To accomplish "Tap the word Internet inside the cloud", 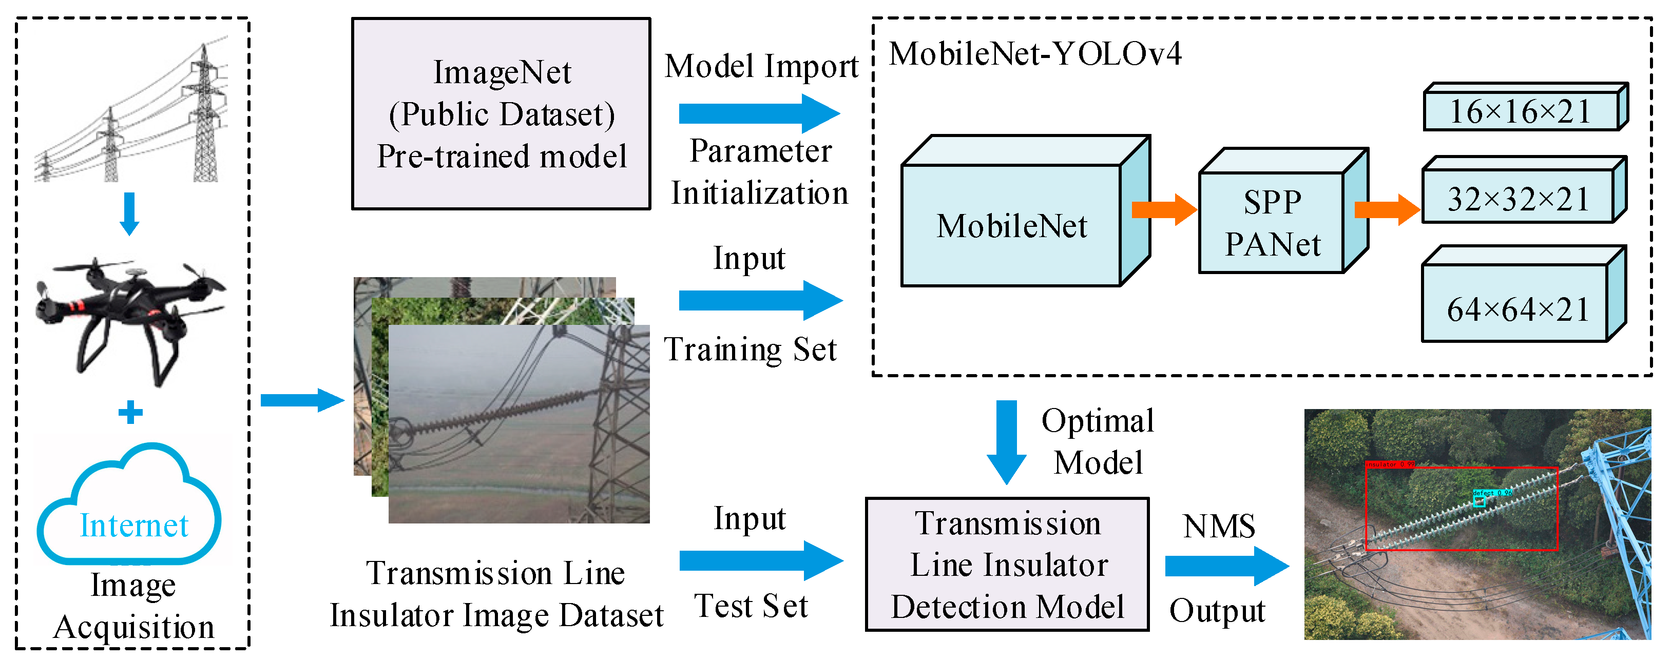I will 133,525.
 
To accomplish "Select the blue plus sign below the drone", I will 130,412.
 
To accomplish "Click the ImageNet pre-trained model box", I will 501,114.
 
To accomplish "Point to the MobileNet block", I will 1012,226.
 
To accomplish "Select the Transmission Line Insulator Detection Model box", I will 1007,564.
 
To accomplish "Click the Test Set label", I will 751,606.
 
